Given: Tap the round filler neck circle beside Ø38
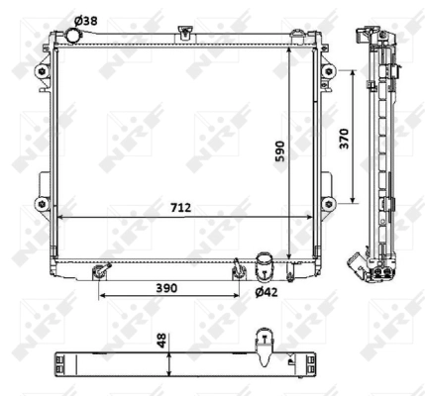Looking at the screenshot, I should point(71,36).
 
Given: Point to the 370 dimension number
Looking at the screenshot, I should point(343,139).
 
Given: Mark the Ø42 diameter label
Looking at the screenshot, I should point(266,292).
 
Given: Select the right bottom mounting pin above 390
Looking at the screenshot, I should point(238,269).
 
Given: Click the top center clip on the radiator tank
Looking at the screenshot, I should point(186,36).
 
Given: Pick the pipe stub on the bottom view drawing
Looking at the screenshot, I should point(266,343).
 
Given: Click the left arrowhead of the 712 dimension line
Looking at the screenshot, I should point(60,216).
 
